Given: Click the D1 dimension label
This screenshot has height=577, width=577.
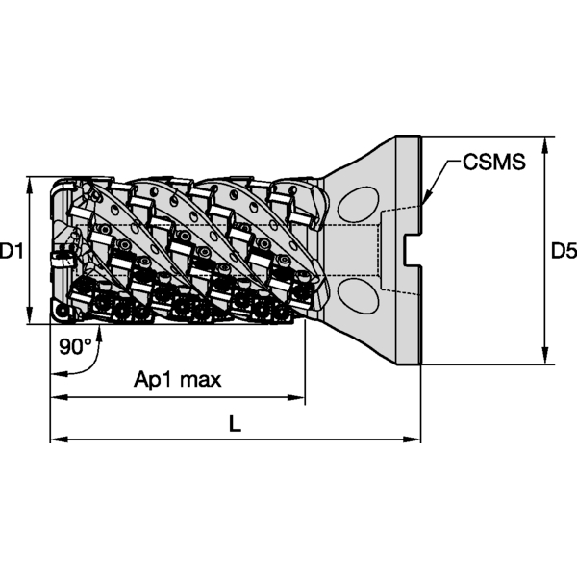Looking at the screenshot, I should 12,251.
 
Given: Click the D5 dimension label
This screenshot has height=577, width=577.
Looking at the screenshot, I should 564,251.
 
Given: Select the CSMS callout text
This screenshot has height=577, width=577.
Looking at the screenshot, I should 493,162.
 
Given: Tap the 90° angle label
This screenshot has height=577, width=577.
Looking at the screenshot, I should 75,347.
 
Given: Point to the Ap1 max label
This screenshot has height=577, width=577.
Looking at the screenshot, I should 177,379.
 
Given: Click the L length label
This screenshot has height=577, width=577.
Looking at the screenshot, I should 236,422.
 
